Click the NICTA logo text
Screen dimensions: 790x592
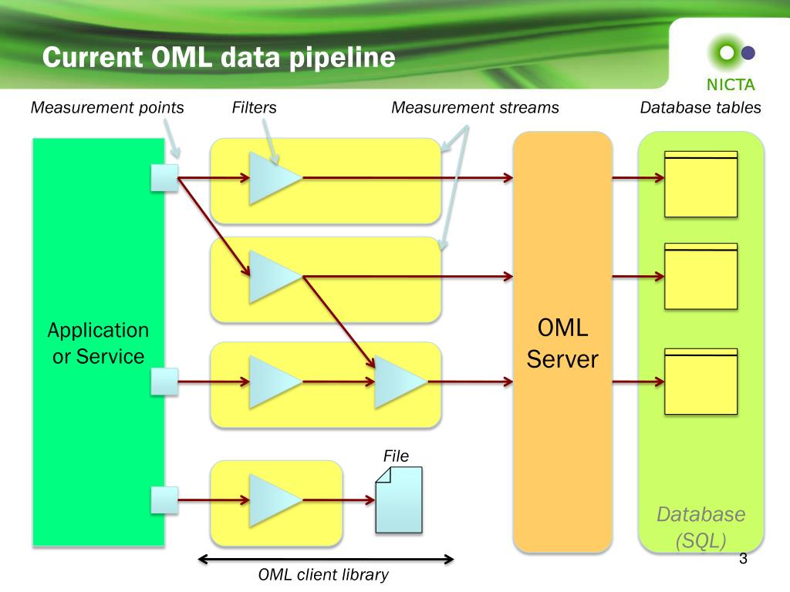(731, 85)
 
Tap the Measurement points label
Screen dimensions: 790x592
(107, 107)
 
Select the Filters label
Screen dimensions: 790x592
(254, 107)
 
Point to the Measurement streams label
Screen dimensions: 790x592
(475, 107)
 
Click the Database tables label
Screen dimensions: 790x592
(701, 107)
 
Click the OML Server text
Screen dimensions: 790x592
(562, 343)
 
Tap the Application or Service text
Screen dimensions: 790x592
(98, 343)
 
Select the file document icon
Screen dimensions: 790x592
(399, 499)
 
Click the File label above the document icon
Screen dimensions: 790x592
(396, 456)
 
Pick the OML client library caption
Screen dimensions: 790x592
(323, 574)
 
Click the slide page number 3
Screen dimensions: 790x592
(743, 558)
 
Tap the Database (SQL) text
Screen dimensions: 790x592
(701, 527)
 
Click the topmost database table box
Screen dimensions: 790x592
(701, 184)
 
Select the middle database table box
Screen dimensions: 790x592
(701, 277)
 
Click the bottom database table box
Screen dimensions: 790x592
(701, 382)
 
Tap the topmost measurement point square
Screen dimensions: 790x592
(165, 178)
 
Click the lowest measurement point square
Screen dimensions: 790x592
(165, 499)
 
